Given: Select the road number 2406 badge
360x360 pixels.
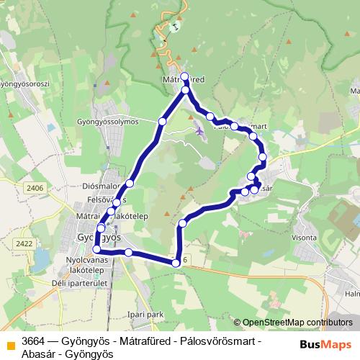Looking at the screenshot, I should click(33, 188).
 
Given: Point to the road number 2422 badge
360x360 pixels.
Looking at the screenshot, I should click(24, 243).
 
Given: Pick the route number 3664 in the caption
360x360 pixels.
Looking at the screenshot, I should click(33, 340).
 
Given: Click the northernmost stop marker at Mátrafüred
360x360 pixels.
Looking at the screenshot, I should click(184, 76).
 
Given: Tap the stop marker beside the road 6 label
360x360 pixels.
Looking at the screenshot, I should click(176, 264).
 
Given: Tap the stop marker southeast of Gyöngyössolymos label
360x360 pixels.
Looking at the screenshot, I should click(162, 122).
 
